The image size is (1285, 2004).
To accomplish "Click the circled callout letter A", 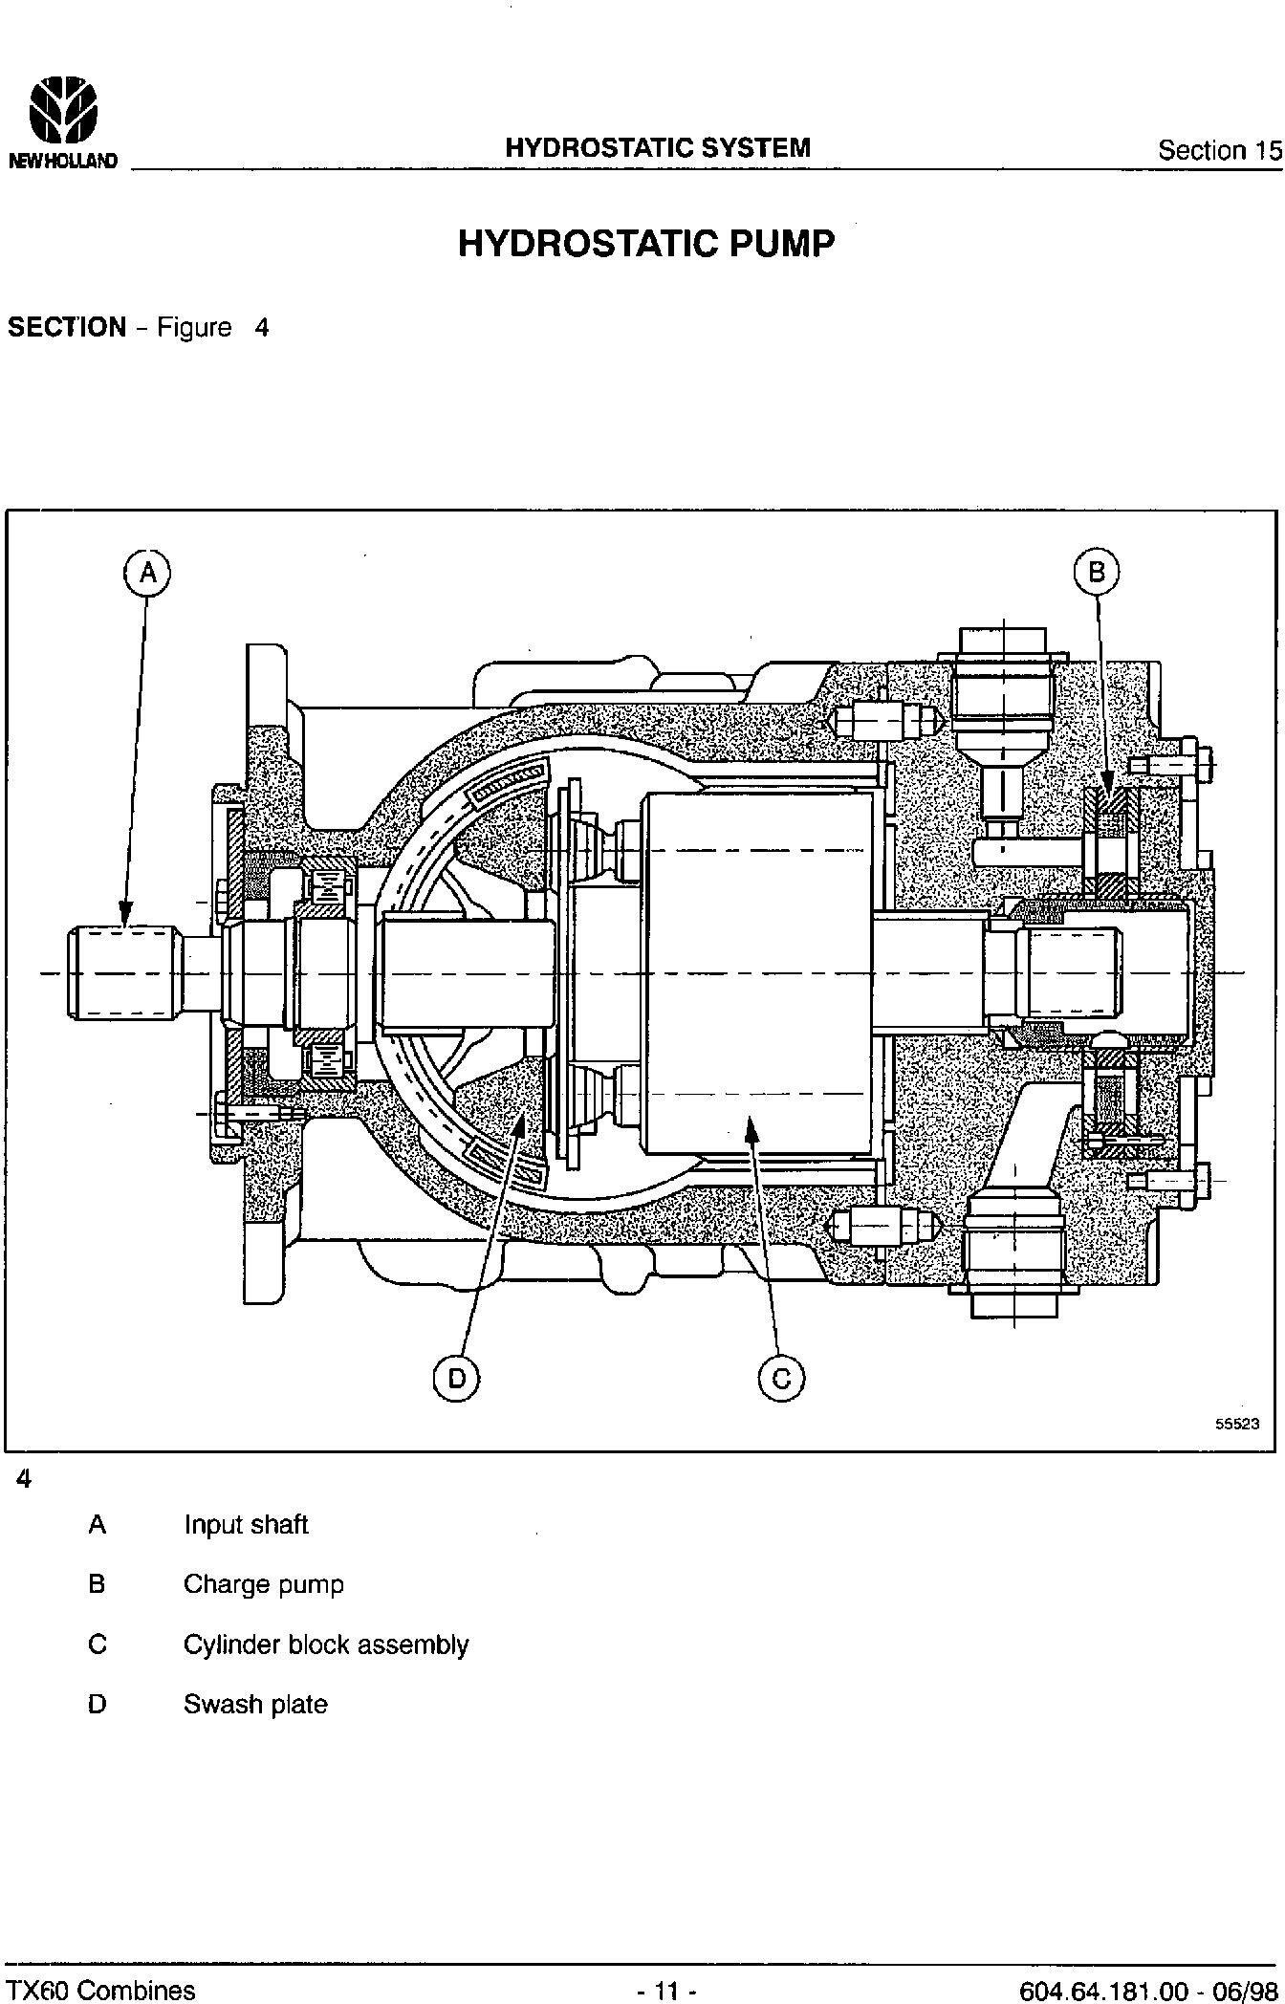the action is click(x=146, y=572).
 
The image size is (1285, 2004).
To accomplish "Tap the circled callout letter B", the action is click(x=1097, y=572).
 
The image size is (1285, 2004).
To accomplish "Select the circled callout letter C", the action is click(x=781, y=1378).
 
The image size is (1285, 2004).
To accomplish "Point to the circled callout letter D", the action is click(x=456, y=1378).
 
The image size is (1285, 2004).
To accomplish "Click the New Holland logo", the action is click(x=63, y=123).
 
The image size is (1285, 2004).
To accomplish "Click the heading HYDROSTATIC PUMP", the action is click(x=646, y=244).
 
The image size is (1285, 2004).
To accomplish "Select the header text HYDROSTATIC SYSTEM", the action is click(x=658, y=147).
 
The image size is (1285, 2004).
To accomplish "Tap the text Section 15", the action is click(x=1219, y=150).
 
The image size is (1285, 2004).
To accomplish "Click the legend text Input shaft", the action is click(x=246, y=1525).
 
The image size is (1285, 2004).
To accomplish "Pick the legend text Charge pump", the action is click(x=263, y=1584).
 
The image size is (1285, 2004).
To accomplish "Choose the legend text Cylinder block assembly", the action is click(x=326, y=1645).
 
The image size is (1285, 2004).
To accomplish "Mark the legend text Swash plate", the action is click(x=255, y=1705).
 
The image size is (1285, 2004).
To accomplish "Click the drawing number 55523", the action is click(x=1237, y=1424).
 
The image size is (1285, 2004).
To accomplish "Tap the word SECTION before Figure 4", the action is click(x=67, y=328).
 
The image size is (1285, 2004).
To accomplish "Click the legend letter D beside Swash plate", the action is click(x=97, y=1705).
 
